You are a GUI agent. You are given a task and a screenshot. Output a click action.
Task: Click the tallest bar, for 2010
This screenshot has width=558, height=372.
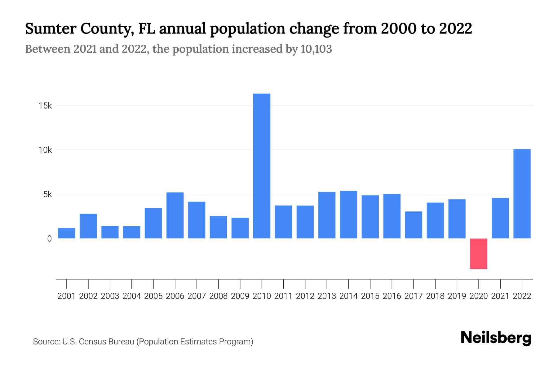click(262, 166)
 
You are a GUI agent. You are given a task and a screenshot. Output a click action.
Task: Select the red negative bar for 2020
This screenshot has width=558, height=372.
click(478, 254)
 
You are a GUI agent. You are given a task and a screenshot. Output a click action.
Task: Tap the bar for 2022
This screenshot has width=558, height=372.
click(522, 194)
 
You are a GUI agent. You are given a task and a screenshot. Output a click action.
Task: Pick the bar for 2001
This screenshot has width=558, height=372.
click(67, 233)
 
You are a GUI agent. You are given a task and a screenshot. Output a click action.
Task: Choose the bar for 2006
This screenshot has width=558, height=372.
click(175, 215)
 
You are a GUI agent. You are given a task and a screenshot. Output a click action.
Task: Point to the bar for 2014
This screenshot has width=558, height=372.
click(348, 215)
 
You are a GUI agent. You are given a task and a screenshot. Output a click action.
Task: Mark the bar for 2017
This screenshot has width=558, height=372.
click(414, 225)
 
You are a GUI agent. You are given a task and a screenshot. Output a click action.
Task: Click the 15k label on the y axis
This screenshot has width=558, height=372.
click(45, 106)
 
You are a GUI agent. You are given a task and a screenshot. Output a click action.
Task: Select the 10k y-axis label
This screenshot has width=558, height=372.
click(45, 150)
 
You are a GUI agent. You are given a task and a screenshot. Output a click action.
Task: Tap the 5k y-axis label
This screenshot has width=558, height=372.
click(47, 194)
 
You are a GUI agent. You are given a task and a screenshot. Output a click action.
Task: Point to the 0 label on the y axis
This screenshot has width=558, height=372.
click(49, 239)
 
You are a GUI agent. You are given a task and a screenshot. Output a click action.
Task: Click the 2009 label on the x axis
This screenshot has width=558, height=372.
click(240, 296)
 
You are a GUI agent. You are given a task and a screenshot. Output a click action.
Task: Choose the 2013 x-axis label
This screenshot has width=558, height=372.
click(327, 296)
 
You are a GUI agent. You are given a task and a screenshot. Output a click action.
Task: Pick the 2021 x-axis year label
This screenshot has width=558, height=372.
click(500, 296)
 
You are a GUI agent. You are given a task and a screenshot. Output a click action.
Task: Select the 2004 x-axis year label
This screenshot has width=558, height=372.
click(132, 296)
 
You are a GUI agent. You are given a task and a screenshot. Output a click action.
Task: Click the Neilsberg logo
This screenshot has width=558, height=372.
click(496, 338)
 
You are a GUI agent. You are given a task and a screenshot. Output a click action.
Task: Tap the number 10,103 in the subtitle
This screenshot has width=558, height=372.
click(316, 49)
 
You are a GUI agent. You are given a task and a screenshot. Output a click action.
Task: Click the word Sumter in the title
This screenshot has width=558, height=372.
click(50, 29)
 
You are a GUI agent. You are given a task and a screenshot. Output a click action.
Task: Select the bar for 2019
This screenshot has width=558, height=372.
click(457, 219)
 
